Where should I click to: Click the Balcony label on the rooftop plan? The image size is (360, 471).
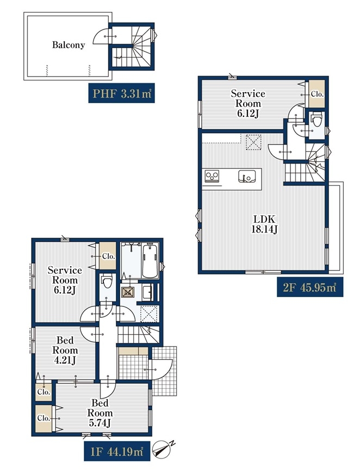(x=69, y=45)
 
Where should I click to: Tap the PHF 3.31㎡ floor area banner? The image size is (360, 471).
(x=121, y=93)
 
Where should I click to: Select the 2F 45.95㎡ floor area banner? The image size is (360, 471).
(x=310, y=287)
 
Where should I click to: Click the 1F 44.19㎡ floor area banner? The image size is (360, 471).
(x=117, y=451)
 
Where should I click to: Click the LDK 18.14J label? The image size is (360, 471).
(x=264, y=224)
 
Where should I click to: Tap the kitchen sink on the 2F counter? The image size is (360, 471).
(x=247, y=177)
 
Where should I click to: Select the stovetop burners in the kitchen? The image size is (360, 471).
(x=212, y=175)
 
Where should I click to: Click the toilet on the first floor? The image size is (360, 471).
(x=107, y=282)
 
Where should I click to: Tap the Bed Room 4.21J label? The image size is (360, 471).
(x=65, y=350)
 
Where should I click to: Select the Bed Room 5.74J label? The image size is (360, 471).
(x=100, y=412)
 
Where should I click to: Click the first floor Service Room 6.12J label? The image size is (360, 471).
(x=65, y=280)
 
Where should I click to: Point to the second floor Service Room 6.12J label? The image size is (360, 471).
(x=248, y=103)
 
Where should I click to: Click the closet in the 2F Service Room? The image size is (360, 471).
(x=317, y=94)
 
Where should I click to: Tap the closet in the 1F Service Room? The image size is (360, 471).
(x=107, y=256)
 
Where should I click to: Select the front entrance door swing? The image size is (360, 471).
(x=160, y=369)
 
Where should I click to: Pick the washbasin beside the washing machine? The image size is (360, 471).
(x=148, y=292)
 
